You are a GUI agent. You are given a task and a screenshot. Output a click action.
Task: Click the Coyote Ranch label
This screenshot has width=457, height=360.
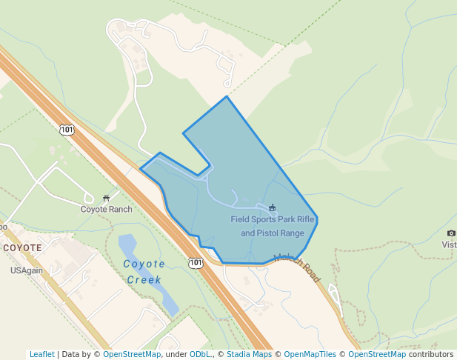pos(106,209)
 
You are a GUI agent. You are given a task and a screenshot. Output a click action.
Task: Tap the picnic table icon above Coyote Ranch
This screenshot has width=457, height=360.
pos(107,198)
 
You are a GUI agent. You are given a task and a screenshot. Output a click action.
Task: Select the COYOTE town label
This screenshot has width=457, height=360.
pos(22,247)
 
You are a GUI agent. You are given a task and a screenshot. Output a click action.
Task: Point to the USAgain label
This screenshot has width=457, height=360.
pos(27,270)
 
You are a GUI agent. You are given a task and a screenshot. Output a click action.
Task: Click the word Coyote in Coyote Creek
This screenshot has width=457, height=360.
pos(144,264)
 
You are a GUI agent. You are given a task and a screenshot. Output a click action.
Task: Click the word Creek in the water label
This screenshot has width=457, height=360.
pos(144,280)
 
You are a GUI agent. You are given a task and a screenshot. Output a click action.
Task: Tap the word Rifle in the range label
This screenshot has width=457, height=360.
pos(307,219)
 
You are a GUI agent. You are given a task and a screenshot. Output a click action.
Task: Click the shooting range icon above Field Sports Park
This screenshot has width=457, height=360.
pos(272,207)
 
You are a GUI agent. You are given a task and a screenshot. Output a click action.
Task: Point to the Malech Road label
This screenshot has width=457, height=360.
pos(298,267)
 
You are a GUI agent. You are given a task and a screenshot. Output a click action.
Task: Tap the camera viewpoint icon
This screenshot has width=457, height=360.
pos(451,233)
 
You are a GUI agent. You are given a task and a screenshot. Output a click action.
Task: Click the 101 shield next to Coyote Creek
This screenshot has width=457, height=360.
pos(195,263)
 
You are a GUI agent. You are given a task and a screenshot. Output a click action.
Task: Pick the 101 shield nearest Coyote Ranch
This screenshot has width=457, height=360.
pos(67,130)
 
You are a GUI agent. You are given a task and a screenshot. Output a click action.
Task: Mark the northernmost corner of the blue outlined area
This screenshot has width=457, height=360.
pos(227,96)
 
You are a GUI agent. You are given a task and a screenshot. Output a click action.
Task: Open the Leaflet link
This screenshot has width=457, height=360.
pos(41,354)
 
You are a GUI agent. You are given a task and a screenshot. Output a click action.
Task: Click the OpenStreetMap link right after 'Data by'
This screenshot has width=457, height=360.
pos(132,354)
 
